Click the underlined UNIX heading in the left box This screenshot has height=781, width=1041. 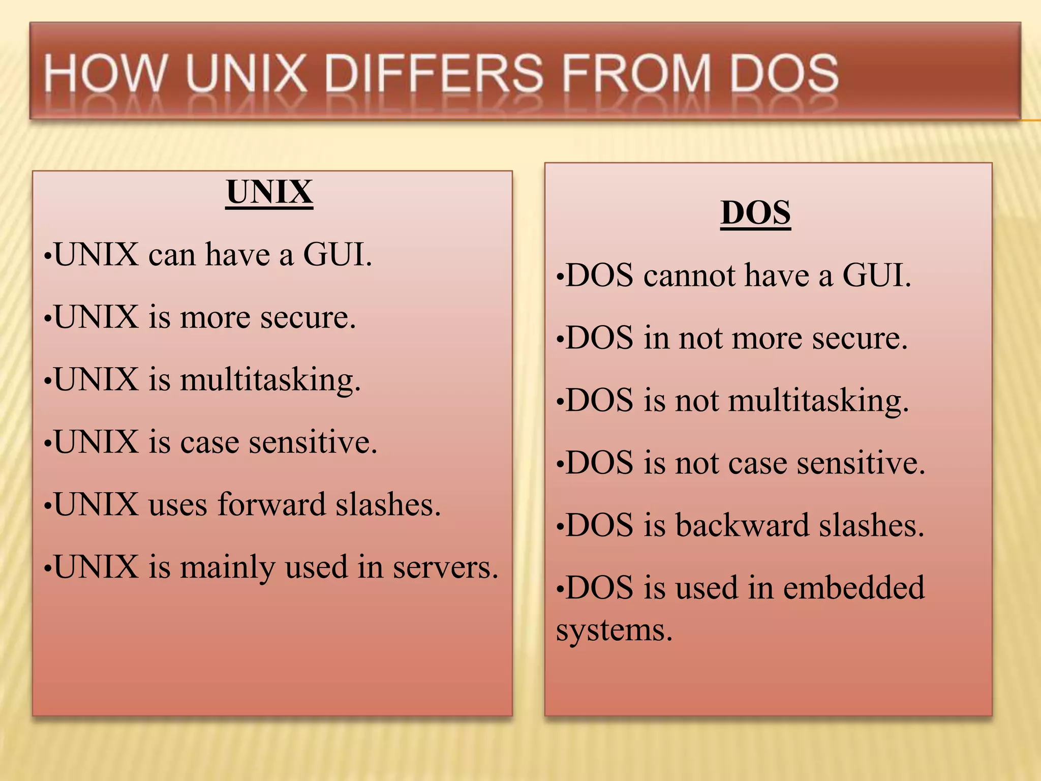[269, 192]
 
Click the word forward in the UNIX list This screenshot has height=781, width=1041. [271, 504]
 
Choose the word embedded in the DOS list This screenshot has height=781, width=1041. [853, 588]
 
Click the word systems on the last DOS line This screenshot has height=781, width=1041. [614, 630]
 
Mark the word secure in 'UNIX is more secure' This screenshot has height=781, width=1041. [308, 317]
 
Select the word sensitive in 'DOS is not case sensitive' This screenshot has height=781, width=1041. [861, 463]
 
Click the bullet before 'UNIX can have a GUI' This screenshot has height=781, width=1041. [47, 256]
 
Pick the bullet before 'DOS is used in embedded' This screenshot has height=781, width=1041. [560, 590]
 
